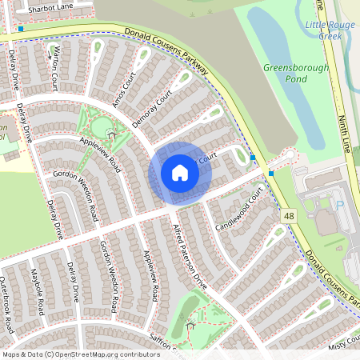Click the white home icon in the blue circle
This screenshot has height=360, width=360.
click(179, 173)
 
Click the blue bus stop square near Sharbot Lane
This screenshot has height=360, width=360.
click(20, 28)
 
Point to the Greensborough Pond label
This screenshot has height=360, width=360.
click(296, 74)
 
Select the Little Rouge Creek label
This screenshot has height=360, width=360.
click(330, 30)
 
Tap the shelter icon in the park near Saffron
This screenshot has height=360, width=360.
click(190, 324)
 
